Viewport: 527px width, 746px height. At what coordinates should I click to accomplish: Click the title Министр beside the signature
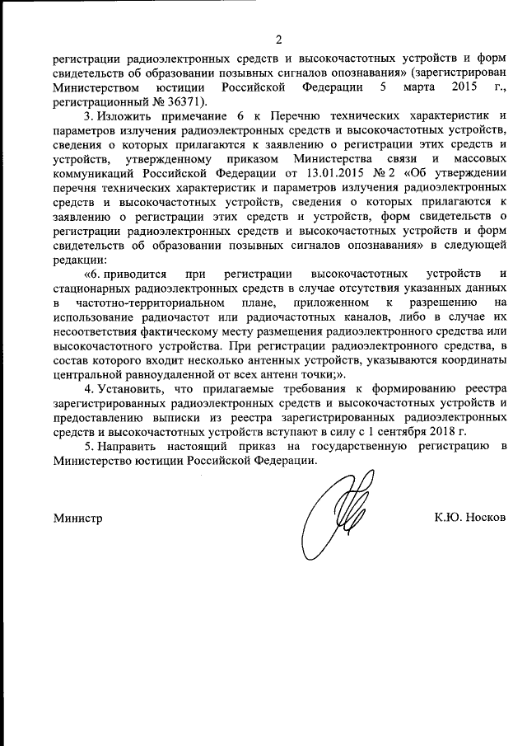click(78, 518)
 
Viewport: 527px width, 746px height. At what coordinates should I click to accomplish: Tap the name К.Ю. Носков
click(471, 518)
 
